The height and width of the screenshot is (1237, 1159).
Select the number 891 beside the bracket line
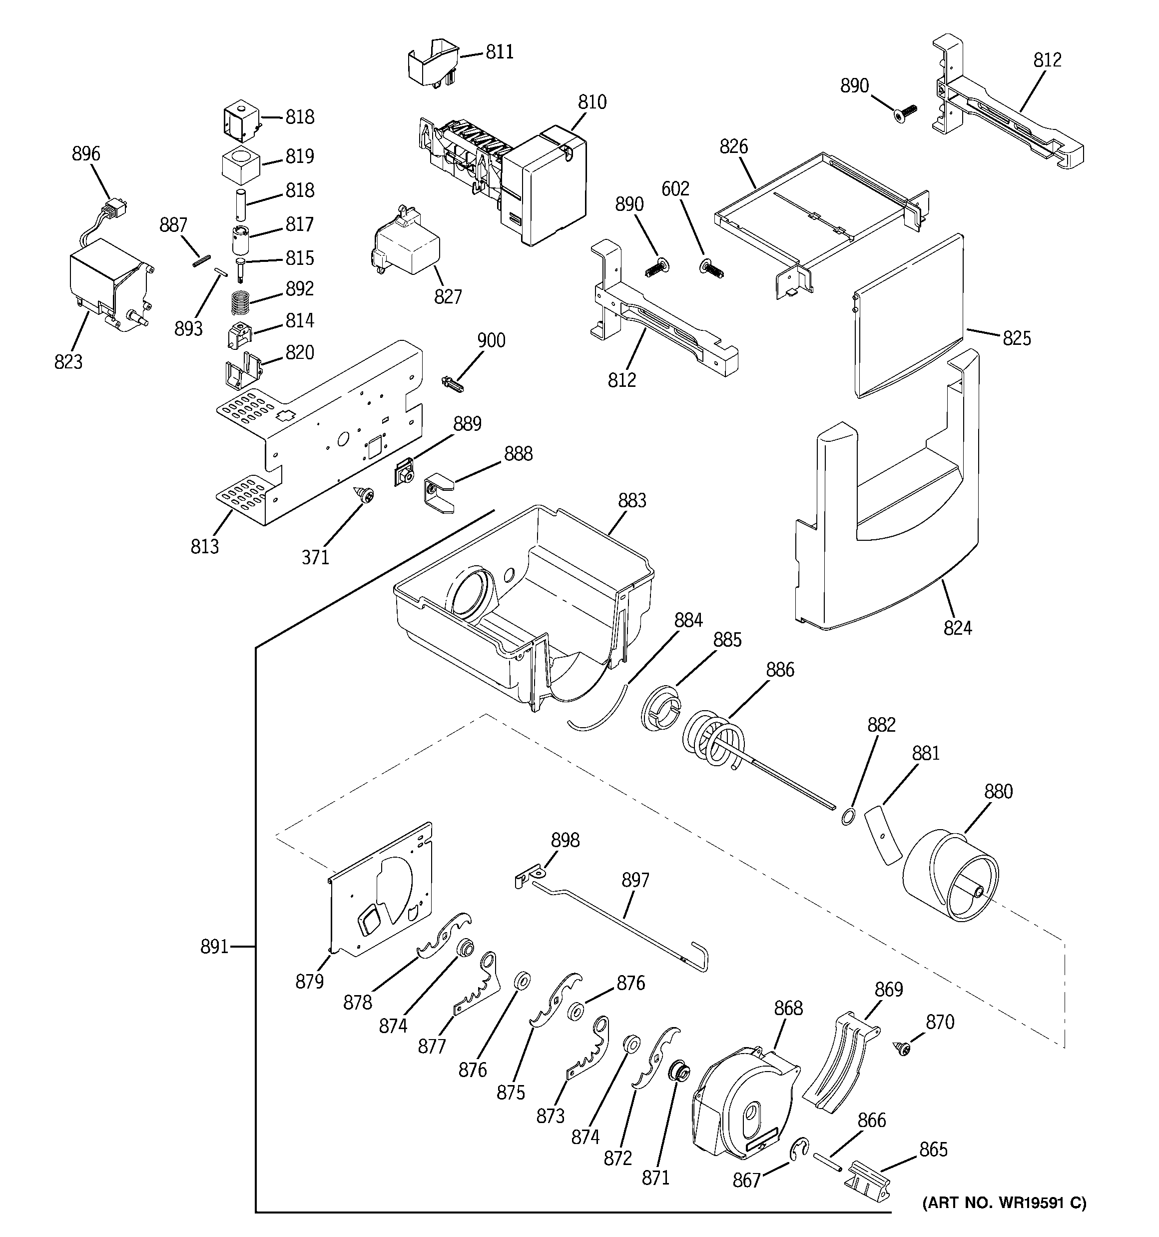coord(214,947)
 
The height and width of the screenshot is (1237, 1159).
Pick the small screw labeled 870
coord(901,1049)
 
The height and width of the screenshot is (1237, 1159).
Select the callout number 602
coord(675,188)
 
